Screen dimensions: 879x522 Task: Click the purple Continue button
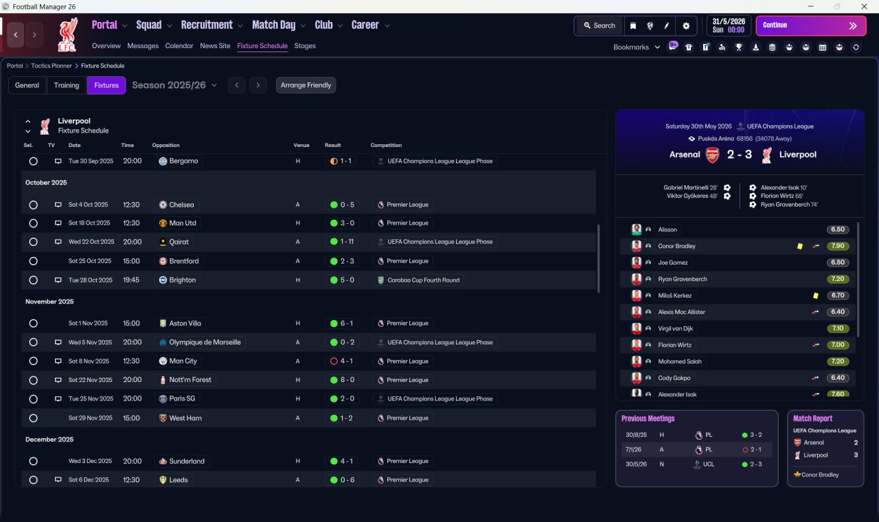point(811,25)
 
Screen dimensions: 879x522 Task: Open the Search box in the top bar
point(600,25)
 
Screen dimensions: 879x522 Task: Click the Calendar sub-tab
point(179,46)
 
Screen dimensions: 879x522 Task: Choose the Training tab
point(67,85)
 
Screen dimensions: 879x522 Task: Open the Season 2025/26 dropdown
point(174,85)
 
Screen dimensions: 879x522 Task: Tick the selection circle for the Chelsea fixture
point(34,205)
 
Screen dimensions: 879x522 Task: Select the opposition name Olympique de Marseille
point(205,342)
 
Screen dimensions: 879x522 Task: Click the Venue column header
point(301,145)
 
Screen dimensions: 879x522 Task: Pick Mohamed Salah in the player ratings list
point(680,361)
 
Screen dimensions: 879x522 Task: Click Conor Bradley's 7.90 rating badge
point(837,246)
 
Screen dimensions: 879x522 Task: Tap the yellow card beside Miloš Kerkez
point(815,295)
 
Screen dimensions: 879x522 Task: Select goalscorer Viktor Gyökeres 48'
point(692,196)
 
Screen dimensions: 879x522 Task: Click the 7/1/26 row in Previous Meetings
point(696,449)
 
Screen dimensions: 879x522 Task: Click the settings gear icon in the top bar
point(686,26)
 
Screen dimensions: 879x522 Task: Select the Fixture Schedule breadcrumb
point(102,66)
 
